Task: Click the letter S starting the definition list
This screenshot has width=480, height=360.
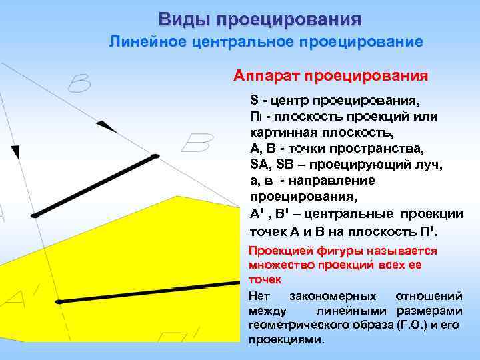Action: coord(254,101)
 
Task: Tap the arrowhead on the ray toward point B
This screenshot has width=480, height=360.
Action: coord(102,127)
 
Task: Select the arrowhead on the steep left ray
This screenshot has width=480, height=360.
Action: coord(15,152)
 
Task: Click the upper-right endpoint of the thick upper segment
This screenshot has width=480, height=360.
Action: coord(155,157)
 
